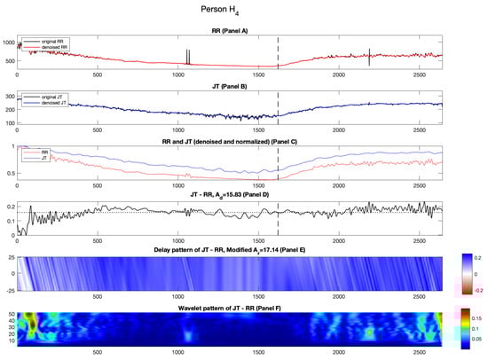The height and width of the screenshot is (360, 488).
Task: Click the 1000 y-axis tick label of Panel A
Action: [x=9, y=43]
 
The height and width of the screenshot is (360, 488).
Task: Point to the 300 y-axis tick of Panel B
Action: [x=11, y=96]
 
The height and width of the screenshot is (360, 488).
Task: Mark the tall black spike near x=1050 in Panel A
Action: [x=187, y=56]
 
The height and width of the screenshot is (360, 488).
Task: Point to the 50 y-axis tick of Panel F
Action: [x=11, y=315]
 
